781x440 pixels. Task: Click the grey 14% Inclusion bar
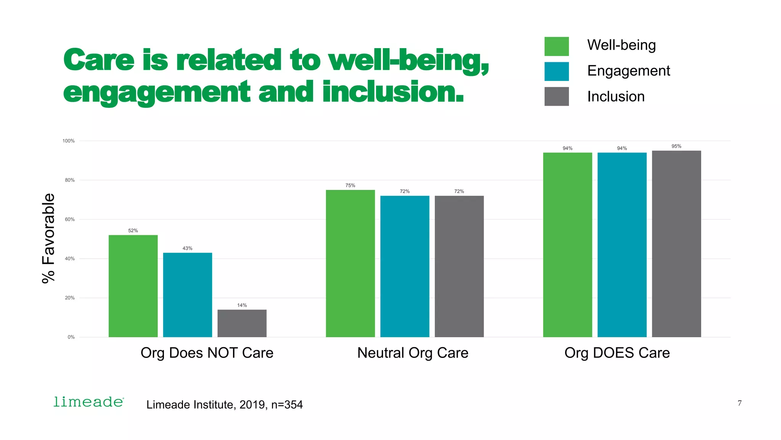click(242, 323)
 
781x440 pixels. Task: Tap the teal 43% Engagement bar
click(187, 294)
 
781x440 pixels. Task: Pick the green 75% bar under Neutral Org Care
click(350, 263)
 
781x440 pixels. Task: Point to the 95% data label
click(676, 146)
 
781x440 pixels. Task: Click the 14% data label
click(242, 305)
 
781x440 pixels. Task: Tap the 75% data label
click(350, 186)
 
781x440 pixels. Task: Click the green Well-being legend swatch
click(556, 46)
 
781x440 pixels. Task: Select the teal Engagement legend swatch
click(556, 71)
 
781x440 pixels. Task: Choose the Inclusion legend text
click(615, 97)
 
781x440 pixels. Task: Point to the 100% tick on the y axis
click(69, 141)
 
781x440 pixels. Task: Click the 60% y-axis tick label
click(69, 220)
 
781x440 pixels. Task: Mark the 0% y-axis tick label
click(71, 337)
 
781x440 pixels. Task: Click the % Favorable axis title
click(48, 238)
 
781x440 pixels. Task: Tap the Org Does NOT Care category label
click(207, 353)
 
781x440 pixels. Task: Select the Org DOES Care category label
click(617, 353)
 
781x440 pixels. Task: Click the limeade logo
click(88, 402)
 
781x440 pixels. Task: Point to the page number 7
click(739, 403)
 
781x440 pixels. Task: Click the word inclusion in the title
click(393, 92)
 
